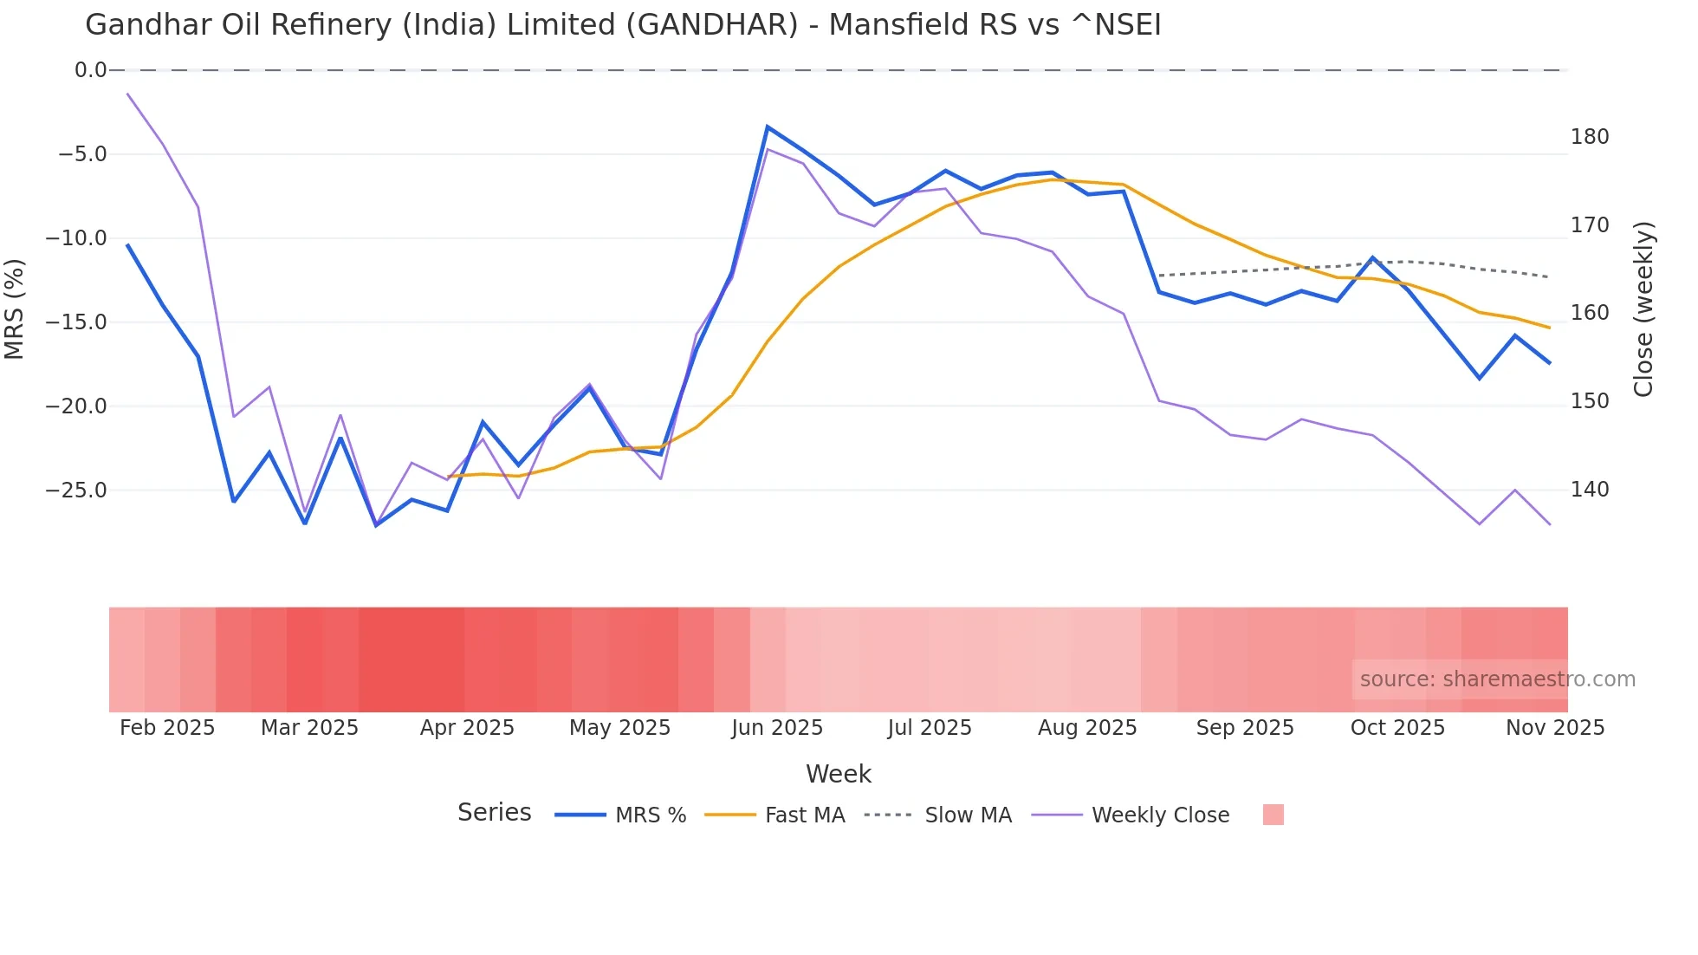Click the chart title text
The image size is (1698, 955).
point(623,25)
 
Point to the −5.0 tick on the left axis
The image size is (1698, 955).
point(82,154)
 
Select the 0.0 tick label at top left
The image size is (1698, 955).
point(90,70)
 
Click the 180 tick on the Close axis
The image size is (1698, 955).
point(1589,137)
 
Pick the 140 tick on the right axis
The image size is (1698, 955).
point(1589,490)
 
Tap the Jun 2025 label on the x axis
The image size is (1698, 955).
point(776,728)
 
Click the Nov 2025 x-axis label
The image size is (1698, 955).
point(1554,728)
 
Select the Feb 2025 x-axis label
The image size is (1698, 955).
point(167,728)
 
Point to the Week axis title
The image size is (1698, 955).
point(838,774)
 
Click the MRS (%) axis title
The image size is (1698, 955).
point(15,309)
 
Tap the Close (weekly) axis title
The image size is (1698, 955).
point(1643,309)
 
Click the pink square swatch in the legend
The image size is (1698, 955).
point(1273,815)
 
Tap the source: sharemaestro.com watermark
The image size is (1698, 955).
point(1497,679)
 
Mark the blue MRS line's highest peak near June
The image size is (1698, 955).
point(768,127)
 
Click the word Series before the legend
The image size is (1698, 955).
point(494,813)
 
